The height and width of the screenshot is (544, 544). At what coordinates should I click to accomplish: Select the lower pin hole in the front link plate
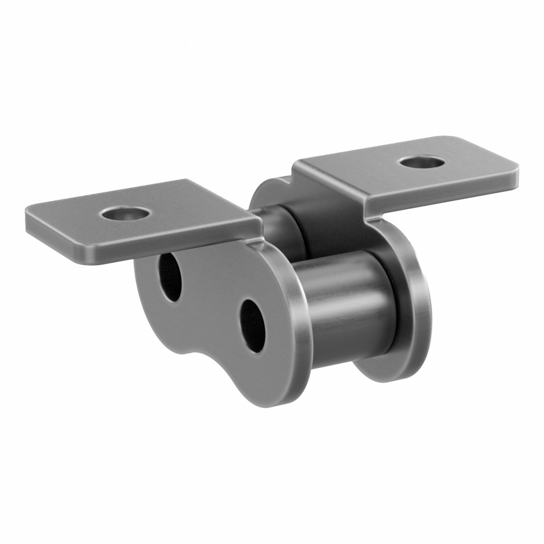tap(253, 326)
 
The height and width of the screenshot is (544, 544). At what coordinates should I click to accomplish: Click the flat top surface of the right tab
tap(366, 175)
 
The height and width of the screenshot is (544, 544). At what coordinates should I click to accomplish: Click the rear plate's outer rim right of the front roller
tap(417, 310)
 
